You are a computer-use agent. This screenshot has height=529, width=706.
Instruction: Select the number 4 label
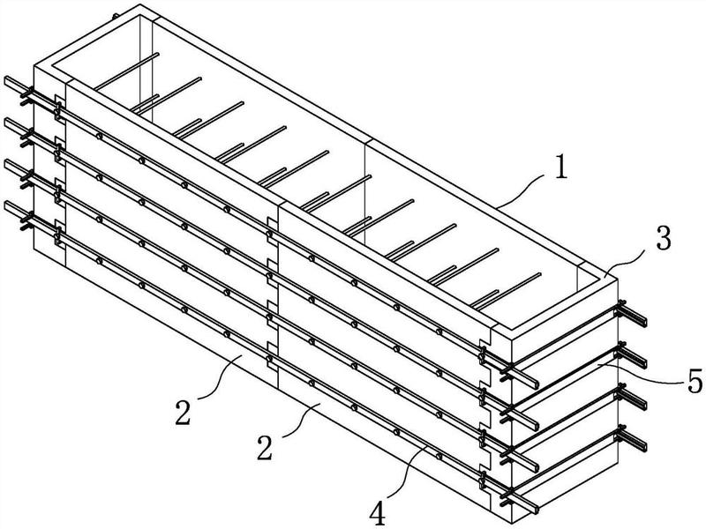pos(378,514)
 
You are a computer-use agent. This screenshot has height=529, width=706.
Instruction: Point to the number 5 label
pos(695,381)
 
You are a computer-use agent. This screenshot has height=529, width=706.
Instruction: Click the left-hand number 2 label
pos(183,413)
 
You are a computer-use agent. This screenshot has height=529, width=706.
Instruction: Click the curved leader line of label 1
pos(523,191)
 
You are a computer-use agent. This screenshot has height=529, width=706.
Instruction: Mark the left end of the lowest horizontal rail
pos(6,205)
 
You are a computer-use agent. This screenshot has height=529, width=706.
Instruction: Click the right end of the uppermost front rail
pos(535,384)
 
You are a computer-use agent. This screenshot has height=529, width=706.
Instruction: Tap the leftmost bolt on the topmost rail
pos(99,136)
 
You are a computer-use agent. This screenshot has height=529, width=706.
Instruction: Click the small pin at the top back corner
pos(116,17)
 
